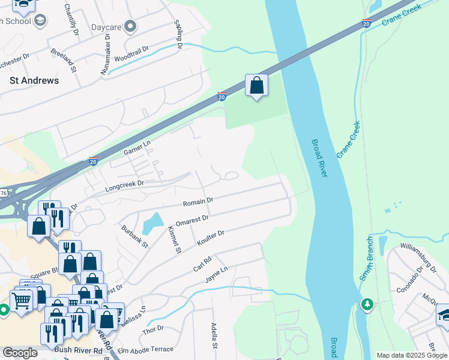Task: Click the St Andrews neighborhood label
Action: pos(34,80)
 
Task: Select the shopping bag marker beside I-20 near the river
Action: pos(256,86)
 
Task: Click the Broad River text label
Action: pos(319,158)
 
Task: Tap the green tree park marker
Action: pos(366,304)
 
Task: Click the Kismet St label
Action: pos(174,239)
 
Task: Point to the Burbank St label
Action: pos(134,236)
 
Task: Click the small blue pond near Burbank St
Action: pos(152,223)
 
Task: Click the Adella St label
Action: pos(213,335)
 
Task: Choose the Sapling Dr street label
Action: pos(178,34)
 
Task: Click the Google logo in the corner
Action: pos(20,353)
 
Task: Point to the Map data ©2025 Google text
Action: pos(411,355)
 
